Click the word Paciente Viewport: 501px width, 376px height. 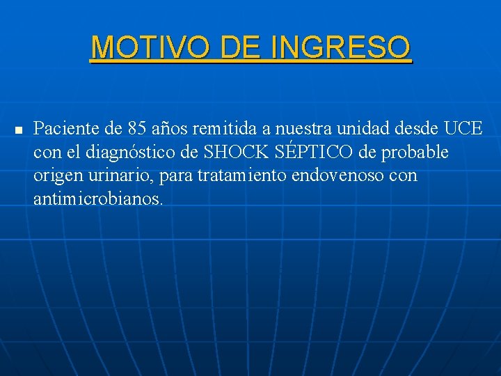coord(63,128)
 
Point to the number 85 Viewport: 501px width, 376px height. coord(137,128)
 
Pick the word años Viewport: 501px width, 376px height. coord(171,128)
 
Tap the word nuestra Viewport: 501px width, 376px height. coord(304,128)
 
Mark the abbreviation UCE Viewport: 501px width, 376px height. coord(463,128)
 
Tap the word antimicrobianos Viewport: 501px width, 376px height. coord(98,199)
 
